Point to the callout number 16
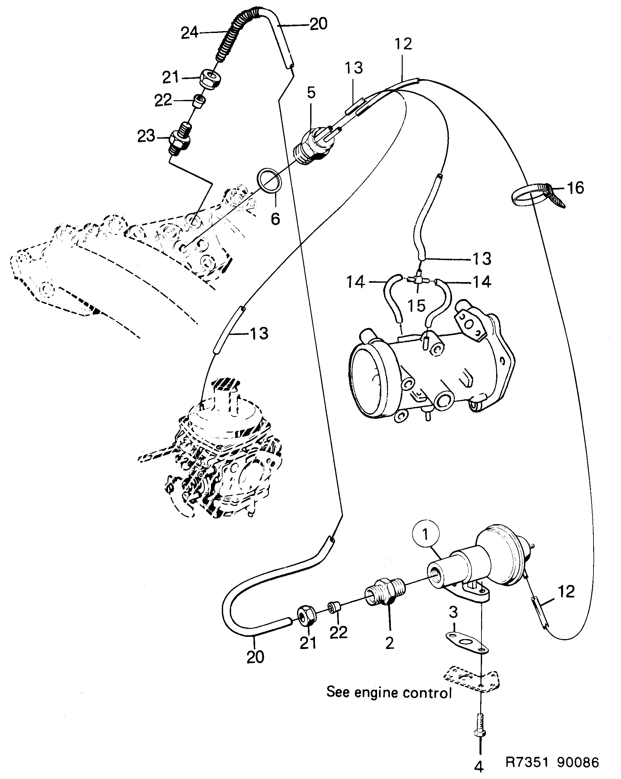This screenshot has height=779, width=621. [x=575, y=188]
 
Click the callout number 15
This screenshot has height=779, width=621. [x=416, y=306]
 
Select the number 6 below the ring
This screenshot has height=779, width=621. [x=275, y=219]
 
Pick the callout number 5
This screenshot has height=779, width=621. [x=311, y=93]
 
